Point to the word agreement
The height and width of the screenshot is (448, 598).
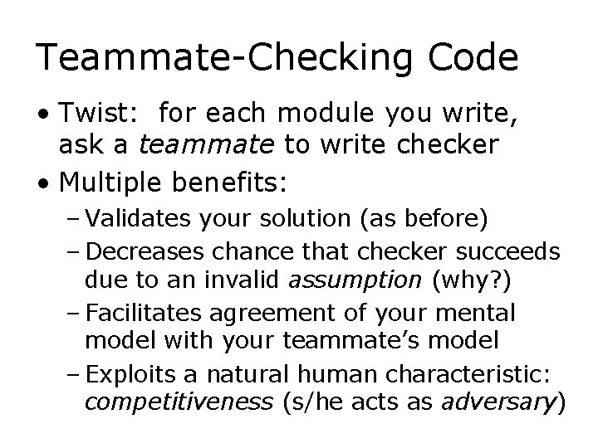click(x=270, y=313)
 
